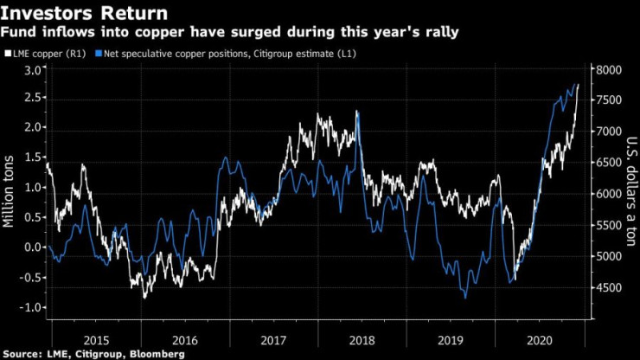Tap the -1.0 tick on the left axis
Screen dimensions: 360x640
click(x=31, y=307)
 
